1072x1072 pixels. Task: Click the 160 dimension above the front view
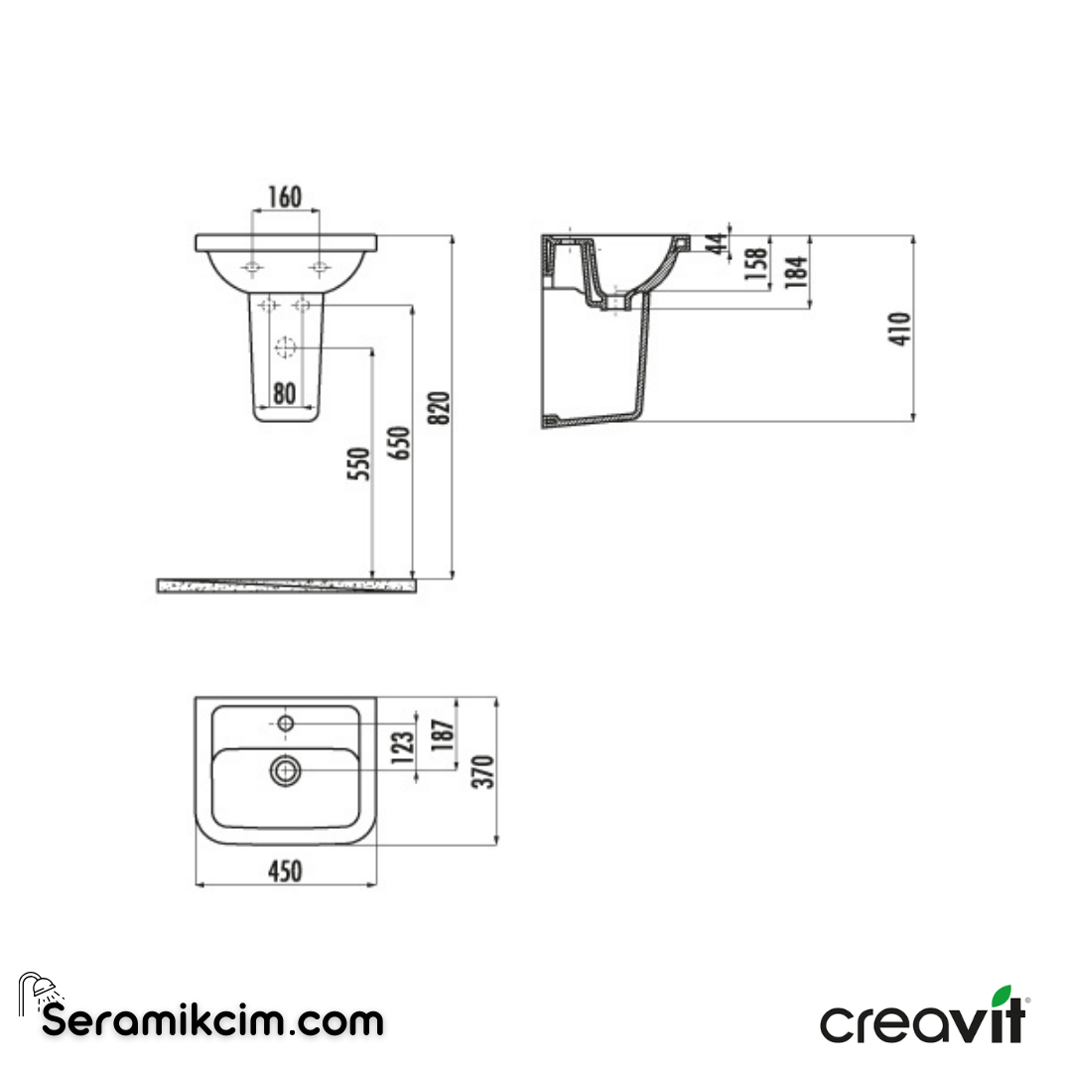tap(286, 197)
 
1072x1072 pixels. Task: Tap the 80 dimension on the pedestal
tap(285, 393)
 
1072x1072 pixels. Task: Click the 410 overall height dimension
tap(899, 330)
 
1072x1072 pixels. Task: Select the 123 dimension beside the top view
tap(402, 746)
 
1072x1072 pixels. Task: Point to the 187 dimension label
tap(443, 733)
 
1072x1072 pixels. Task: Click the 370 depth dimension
tap(483, 771)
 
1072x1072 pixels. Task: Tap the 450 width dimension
tap(285, 871)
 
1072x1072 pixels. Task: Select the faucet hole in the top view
tap(286, 723)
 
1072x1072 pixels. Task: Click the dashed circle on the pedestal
tap(285, 348)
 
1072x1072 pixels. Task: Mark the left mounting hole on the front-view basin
tap(253, 267)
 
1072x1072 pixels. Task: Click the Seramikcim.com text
tap(212, 1019)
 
